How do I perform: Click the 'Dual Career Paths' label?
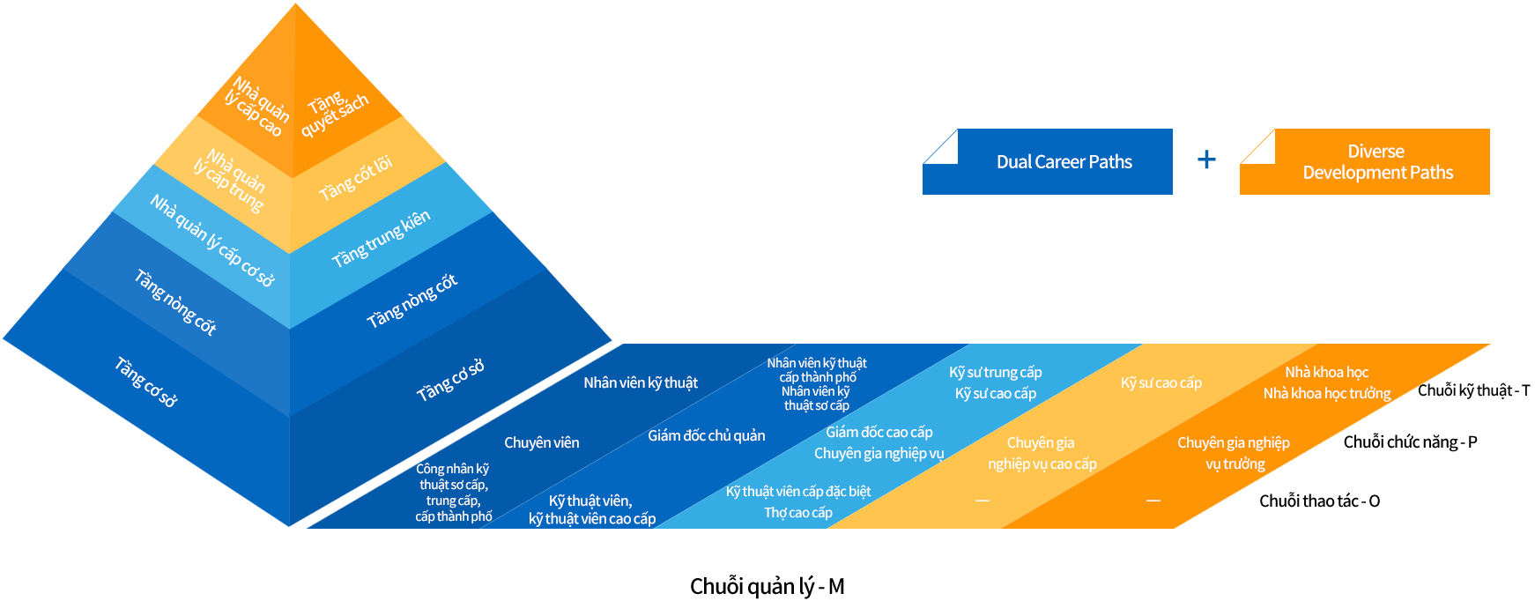[x=1064, y=162]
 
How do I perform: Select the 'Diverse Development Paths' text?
[x=1377, y=162]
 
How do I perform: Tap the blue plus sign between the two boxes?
[x=1206, y=160]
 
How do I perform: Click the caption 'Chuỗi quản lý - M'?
[x=767, y=587]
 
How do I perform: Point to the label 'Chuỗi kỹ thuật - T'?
[x=1473, y=390]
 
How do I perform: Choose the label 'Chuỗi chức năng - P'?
[x=1410, y=442]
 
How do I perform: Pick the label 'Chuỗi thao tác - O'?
[x=1319, y=501]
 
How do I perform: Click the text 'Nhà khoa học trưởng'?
[x=1327, y=394]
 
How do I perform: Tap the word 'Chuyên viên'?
[x=541, y=443]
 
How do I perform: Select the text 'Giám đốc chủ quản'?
[x=707, y=436]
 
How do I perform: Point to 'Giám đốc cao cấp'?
[x=879, y=433]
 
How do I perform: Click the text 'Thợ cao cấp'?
[x=798, y=513]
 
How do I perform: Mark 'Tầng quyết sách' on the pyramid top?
[x=334, y=113]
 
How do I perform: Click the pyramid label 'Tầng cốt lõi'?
[x=355, y=179]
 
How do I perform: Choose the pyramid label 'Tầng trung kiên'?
[x=381, y=239]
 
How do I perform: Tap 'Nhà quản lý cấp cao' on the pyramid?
[x=256, y=108]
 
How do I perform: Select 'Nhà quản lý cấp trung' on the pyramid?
[x=229, y=181]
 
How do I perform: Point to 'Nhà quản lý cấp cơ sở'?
[x=212, y=241]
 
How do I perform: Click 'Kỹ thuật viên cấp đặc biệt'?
[x=798, y=492]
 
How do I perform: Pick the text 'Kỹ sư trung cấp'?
[x=996, y=373]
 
